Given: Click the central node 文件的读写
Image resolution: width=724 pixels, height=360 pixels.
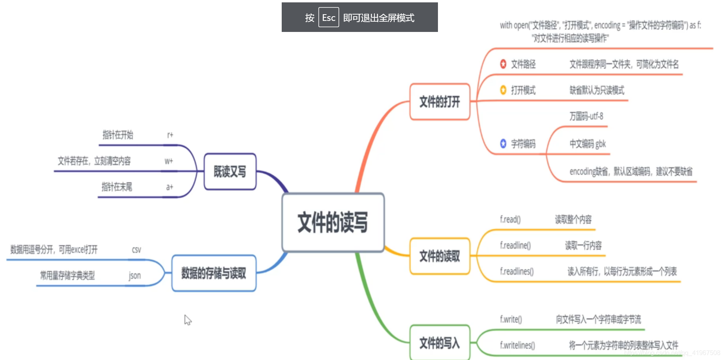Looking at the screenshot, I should (x=333, y=222).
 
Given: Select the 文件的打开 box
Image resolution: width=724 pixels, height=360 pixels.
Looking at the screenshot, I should (x=440, y=102).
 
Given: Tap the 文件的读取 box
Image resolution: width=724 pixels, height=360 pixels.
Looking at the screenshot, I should (x=440, y=256).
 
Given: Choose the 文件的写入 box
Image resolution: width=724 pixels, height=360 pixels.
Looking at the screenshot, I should (x=440, y=343).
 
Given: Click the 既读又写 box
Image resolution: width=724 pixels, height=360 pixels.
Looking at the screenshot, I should (x=230, y=172).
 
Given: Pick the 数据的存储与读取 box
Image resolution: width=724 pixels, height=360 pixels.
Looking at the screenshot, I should (x=213, y=273).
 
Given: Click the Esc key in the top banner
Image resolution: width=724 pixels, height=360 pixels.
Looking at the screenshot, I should (x=328, y=17).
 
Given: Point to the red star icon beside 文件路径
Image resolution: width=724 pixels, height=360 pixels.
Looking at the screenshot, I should (x=503, y=64).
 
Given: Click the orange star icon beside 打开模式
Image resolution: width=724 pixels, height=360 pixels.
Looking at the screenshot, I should (x=503, y=90).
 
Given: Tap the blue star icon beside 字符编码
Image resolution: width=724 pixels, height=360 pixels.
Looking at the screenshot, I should (x=503, y=144).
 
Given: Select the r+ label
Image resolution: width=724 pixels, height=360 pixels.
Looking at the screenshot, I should (x=170, y=135).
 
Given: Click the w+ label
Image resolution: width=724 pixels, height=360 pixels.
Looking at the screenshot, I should (x=169, y=161).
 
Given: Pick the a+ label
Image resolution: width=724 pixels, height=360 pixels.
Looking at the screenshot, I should (x=170, y=187).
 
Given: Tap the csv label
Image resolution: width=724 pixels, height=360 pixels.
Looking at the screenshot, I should (x=137, y=250).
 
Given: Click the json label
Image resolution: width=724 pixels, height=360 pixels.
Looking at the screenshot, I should (x=135, y=276).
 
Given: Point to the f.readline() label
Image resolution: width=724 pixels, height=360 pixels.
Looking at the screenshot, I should (x=515, y=245).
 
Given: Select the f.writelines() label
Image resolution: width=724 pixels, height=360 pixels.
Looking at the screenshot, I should (x=517, y=345).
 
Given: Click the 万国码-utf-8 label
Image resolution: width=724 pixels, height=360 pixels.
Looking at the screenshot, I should (x=586, y=116).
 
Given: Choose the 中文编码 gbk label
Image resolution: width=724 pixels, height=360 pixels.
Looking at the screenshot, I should (x=587, y=144).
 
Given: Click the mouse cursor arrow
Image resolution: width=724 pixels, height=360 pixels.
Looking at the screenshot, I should (x=187, y=319).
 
